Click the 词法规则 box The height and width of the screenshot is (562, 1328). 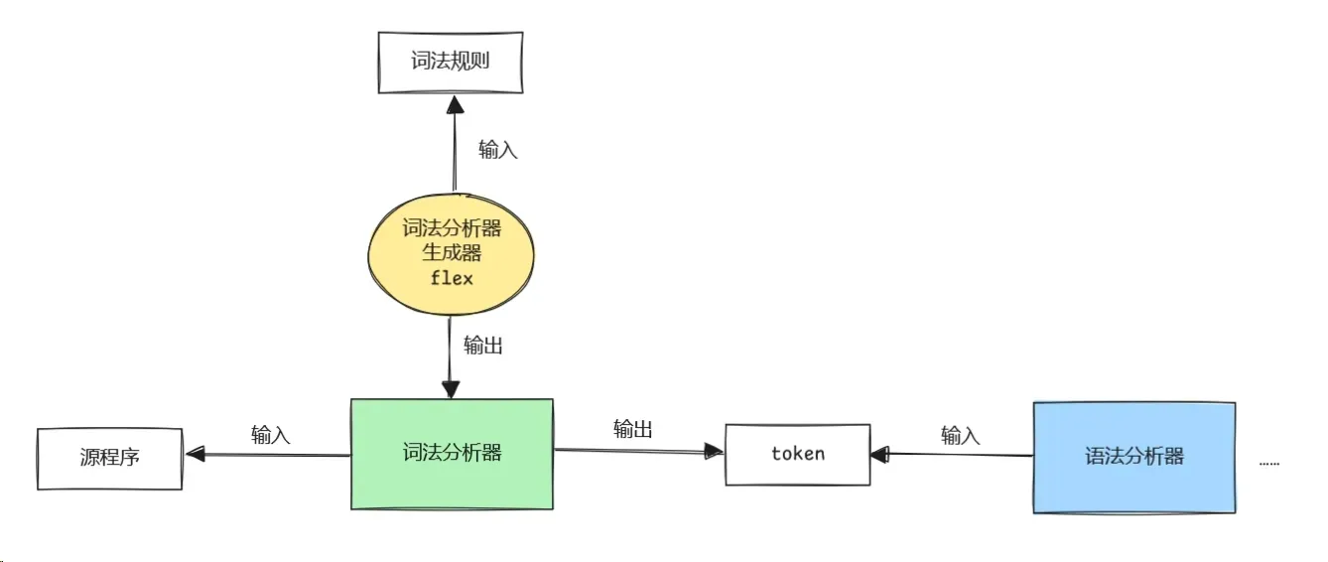(x=451, y=62)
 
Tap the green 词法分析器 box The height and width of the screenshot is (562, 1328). (x=452, y=454)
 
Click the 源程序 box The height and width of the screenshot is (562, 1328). (x=109, y=458)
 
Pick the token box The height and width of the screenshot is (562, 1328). (x=797, y=454)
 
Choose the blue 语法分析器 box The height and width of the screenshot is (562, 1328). (x=1133, y=457)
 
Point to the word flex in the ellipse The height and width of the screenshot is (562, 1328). (x=452, y=278)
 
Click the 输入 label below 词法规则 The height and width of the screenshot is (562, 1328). (x=497, y=151)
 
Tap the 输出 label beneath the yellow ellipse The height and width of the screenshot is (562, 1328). (x=482, y=347)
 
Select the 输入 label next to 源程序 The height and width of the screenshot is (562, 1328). (x=270, y=435)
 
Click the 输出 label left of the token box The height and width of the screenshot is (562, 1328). (x=632, y=429)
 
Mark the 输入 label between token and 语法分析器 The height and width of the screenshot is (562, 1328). (x=959, y=435)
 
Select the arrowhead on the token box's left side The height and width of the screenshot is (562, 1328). (x=714, y=452)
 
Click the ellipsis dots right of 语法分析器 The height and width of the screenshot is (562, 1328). (x=1268, y=462)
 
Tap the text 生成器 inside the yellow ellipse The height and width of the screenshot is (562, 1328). (x=452, y=253)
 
